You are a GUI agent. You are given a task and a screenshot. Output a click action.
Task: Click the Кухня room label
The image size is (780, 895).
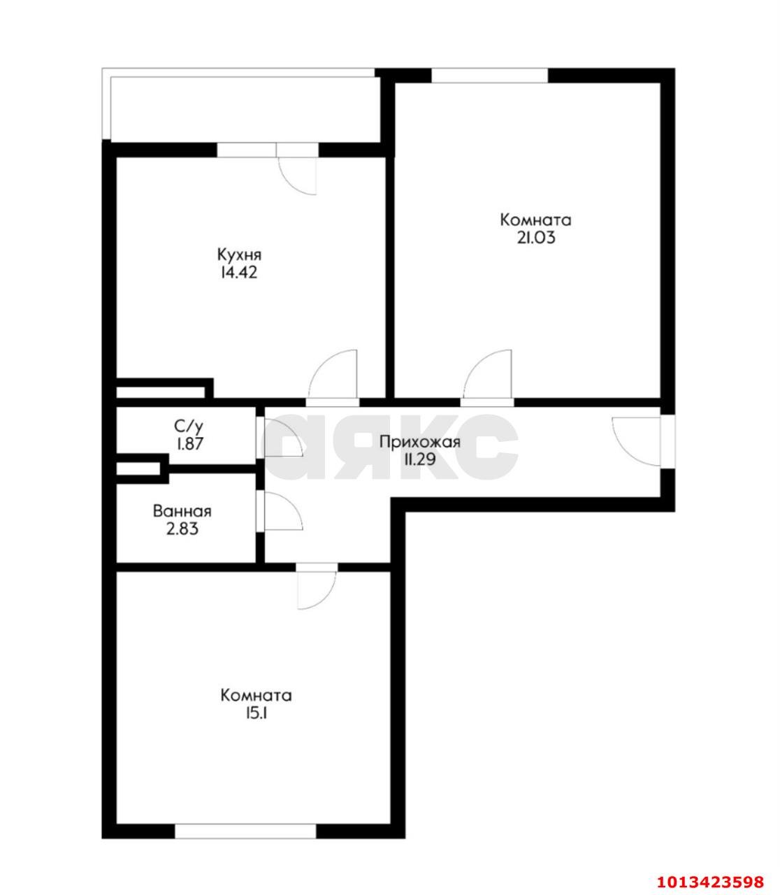pos(239,254)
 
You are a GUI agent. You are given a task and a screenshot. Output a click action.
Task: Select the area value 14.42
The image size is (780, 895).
pos(239,273)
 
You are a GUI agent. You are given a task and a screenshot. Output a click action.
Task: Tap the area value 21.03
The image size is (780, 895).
pos(535,238)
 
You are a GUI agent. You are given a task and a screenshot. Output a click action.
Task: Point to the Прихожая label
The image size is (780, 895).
pos(419,442)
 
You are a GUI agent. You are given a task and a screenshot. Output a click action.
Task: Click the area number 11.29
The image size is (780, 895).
pos(419,460)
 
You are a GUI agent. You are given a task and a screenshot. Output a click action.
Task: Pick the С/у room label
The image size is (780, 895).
pos(189,425)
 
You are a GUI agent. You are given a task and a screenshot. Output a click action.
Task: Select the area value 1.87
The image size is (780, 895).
pos(189,443)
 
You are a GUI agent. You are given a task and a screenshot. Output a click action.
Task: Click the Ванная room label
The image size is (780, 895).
pos(182,511)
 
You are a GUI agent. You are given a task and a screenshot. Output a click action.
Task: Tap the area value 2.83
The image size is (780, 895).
pos(182,529)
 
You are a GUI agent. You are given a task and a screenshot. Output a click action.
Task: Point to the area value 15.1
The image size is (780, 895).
pos(256,714)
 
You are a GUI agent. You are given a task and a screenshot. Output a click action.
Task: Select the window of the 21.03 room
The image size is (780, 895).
pos(489,75)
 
